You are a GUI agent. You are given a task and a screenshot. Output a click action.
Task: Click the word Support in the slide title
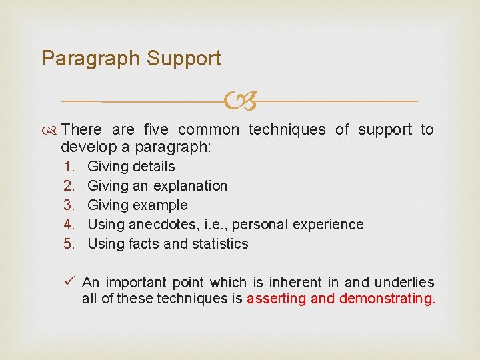pyautogui.click(x=183, y=59)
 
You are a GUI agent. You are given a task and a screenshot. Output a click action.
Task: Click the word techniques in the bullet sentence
pyautogui.click(x=287, y=129)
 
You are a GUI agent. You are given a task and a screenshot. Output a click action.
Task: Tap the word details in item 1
pyautogui.click(x=153, y=167)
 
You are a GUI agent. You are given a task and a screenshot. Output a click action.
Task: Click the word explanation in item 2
pyautogui.click(x=189, y=186)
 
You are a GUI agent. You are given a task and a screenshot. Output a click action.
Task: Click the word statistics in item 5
pyautogui.click(x=219, y=244)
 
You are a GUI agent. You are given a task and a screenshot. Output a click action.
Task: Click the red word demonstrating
pyautogui.click(x=387, y=299)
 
